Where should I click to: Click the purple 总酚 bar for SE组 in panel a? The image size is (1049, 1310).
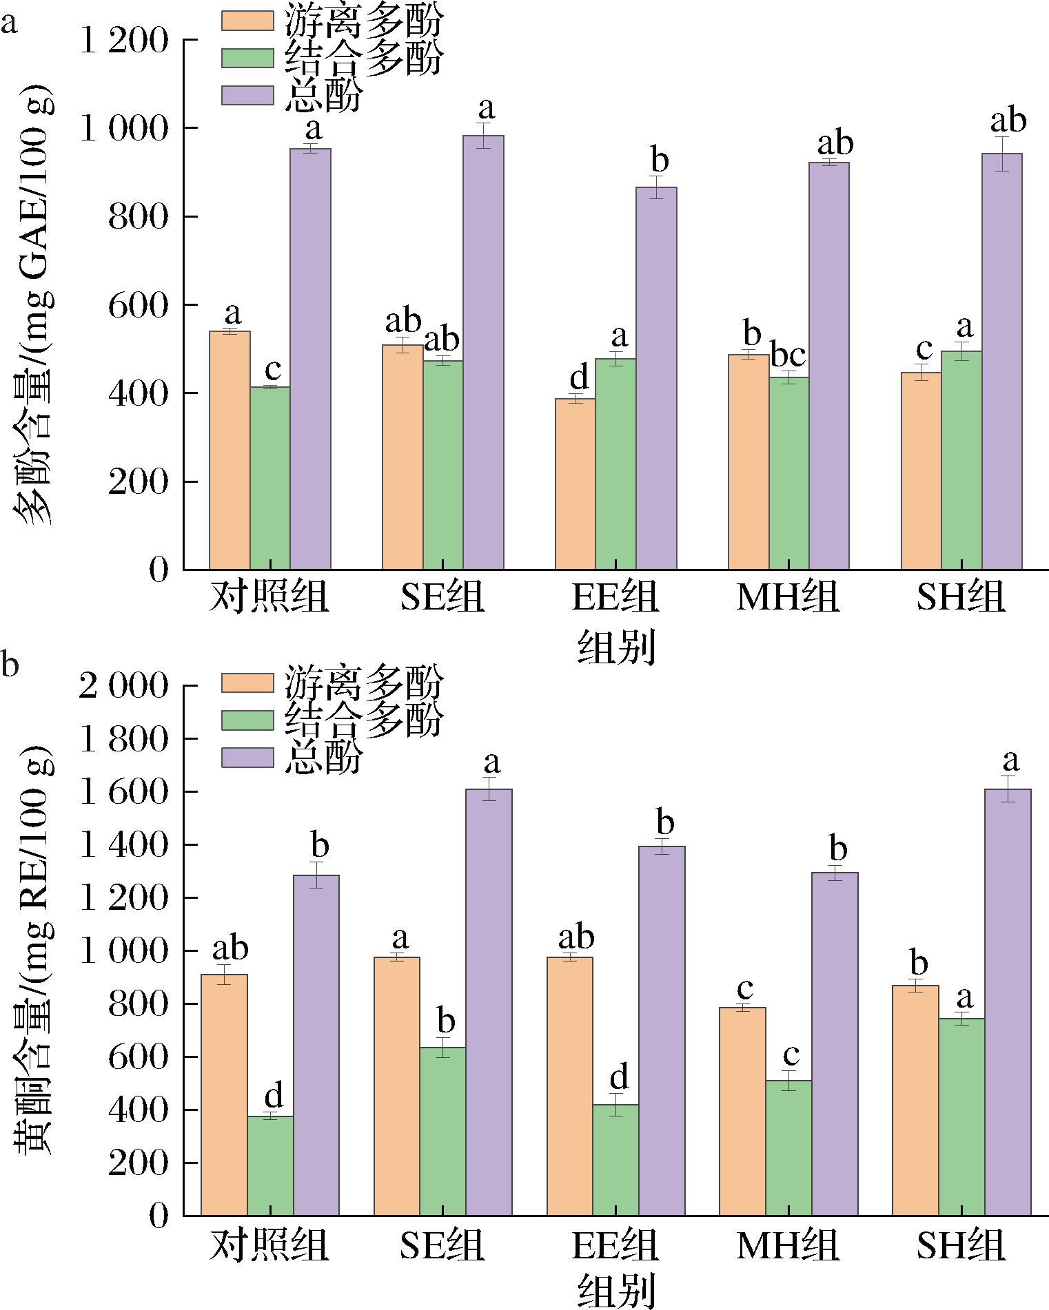(483, 353)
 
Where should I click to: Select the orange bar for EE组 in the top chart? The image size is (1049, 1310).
(575, 484)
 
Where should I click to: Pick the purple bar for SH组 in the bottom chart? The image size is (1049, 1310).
(1008, 1002)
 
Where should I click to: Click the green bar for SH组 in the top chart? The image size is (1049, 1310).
(961, 460)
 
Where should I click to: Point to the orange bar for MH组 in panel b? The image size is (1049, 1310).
(742, 1112)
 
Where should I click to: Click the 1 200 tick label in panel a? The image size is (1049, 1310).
(125, 41)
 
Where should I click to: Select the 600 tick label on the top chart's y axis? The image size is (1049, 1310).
(139, 305)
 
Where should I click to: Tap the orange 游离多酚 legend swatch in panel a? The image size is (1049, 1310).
(247, 19)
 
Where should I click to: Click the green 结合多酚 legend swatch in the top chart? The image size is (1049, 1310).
(247, 57)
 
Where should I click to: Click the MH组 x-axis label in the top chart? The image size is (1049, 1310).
(788, 597)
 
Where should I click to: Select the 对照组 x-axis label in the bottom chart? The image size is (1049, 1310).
(269, 1245)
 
